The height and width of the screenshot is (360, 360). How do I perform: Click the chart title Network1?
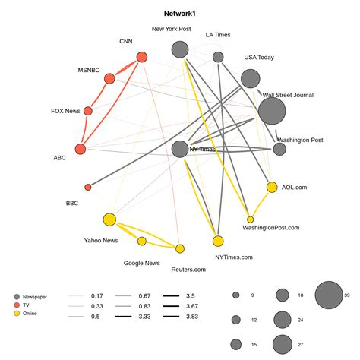pos(179,14)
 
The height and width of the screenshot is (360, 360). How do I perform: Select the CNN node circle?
pos(141,57)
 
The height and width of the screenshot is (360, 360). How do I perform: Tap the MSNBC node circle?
pos(109,78)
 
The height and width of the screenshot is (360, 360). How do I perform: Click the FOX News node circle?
pos(88,111)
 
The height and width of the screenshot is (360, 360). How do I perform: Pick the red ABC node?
pos(81,148)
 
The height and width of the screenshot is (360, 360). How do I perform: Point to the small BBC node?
pos(88,187)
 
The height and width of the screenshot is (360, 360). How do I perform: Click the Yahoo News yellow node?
pos(109,219)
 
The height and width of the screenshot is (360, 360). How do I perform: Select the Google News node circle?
pos(142,242)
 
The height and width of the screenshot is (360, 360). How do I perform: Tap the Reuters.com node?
pos(180,248)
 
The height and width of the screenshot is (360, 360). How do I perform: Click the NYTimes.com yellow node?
pos(218,242)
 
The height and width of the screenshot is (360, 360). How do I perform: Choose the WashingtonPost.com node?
pos(250,219)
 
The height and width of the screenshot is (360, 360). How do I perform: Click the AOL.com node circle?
pos(272,188)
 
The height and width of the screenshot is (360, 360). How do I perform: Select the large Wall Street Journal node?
pos(272,111)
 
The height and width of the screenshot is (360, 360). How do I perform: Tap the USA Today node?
pos(250,78)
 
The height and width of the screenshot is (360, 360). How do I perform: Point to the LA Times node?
pos(218,57)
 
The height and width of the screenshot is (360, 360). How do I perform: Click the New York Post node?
pos(180,50)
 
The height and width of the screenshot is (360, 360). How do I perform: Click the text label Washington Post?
pos(300,140)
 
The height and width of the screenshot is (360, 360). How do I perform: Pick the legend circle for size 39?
pos(329,296)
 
